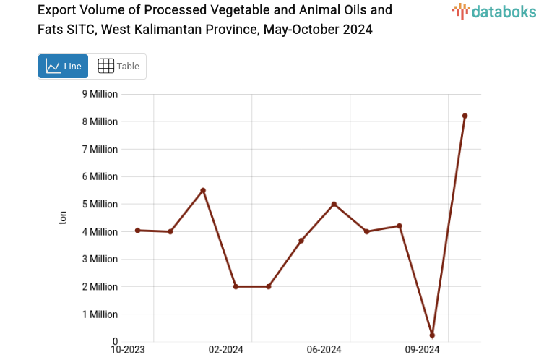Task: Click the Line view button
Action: tap(63, 67)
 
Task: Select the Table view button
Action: tap(118, 67)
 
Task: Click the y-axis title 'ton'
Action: tap(63, 218)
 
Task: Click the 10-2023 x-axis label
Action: tap(127, 350)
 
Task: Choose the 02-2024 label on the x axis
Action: tap(225, 350)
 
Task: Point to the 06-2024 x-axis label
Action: tap(324, 350)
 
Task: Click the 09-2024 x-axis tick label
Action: tap(422, 350)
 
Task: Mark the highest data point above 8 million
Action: tap(465, 116)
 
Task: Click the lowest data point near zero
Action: tap(432, 335)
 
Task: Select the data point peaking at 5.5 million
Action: tap(203, 190)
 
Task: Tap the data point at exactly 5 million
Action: tap(334, 204)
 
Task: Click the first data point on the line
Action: tap(137, 230)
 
